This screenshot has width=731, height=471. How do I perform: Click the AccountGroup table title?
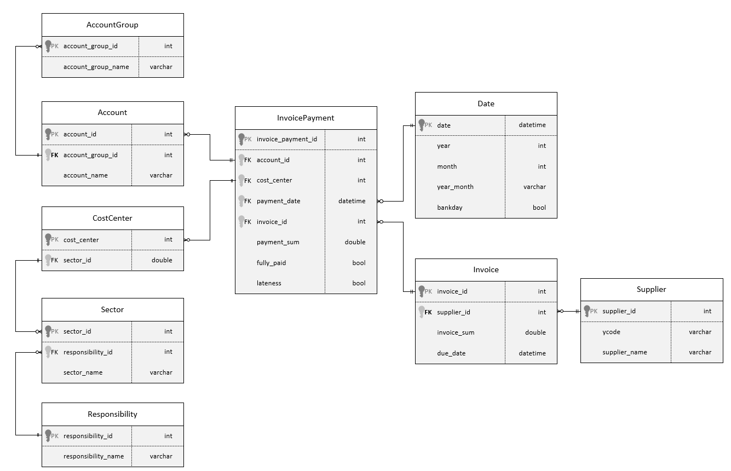point(112,25)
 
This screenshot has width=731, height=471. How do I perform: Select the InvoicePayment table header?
point(306,118)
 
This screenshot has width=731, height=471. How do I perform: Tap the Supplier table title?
point(651,289)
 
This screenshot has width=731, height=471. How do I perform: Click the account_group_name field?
point(96,67)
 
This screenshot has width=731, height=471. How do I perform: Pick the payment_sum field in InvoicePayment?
point(278,242)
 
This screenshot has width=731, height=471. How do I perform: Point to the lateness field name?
point(269,283)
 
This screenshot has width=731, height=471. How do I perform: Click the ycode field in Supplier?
point(611,332)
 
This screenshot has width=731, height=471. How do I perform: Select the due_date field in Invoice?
point(451,353)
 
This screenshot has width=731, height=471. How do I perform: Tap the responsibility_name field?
point(93,456)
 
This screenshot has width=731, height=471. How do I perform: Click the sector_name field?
point(83,372)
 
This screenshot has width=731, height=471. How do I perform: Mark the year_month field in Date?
point(455,187)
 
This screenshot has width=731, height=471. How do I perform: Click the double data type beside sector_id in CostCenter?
point(162,260)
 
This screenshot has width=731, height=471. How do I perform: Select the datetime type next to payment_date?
point(352,201)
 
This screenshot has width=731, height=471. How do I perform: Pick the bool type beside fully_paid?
point(359,263)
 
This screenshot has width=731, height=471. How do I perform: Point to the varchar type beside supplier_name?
point(700,352)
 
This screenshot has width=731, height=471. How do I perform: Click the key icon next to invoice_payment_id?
point(241,139)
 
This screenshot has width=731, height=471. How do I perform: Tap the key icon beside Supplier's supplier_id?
point(586,311)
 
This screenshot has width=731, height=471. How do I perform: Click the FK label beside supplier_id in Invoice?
point(428,312)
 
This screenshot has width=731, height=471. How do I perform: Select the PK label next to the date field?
point(428,125)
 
